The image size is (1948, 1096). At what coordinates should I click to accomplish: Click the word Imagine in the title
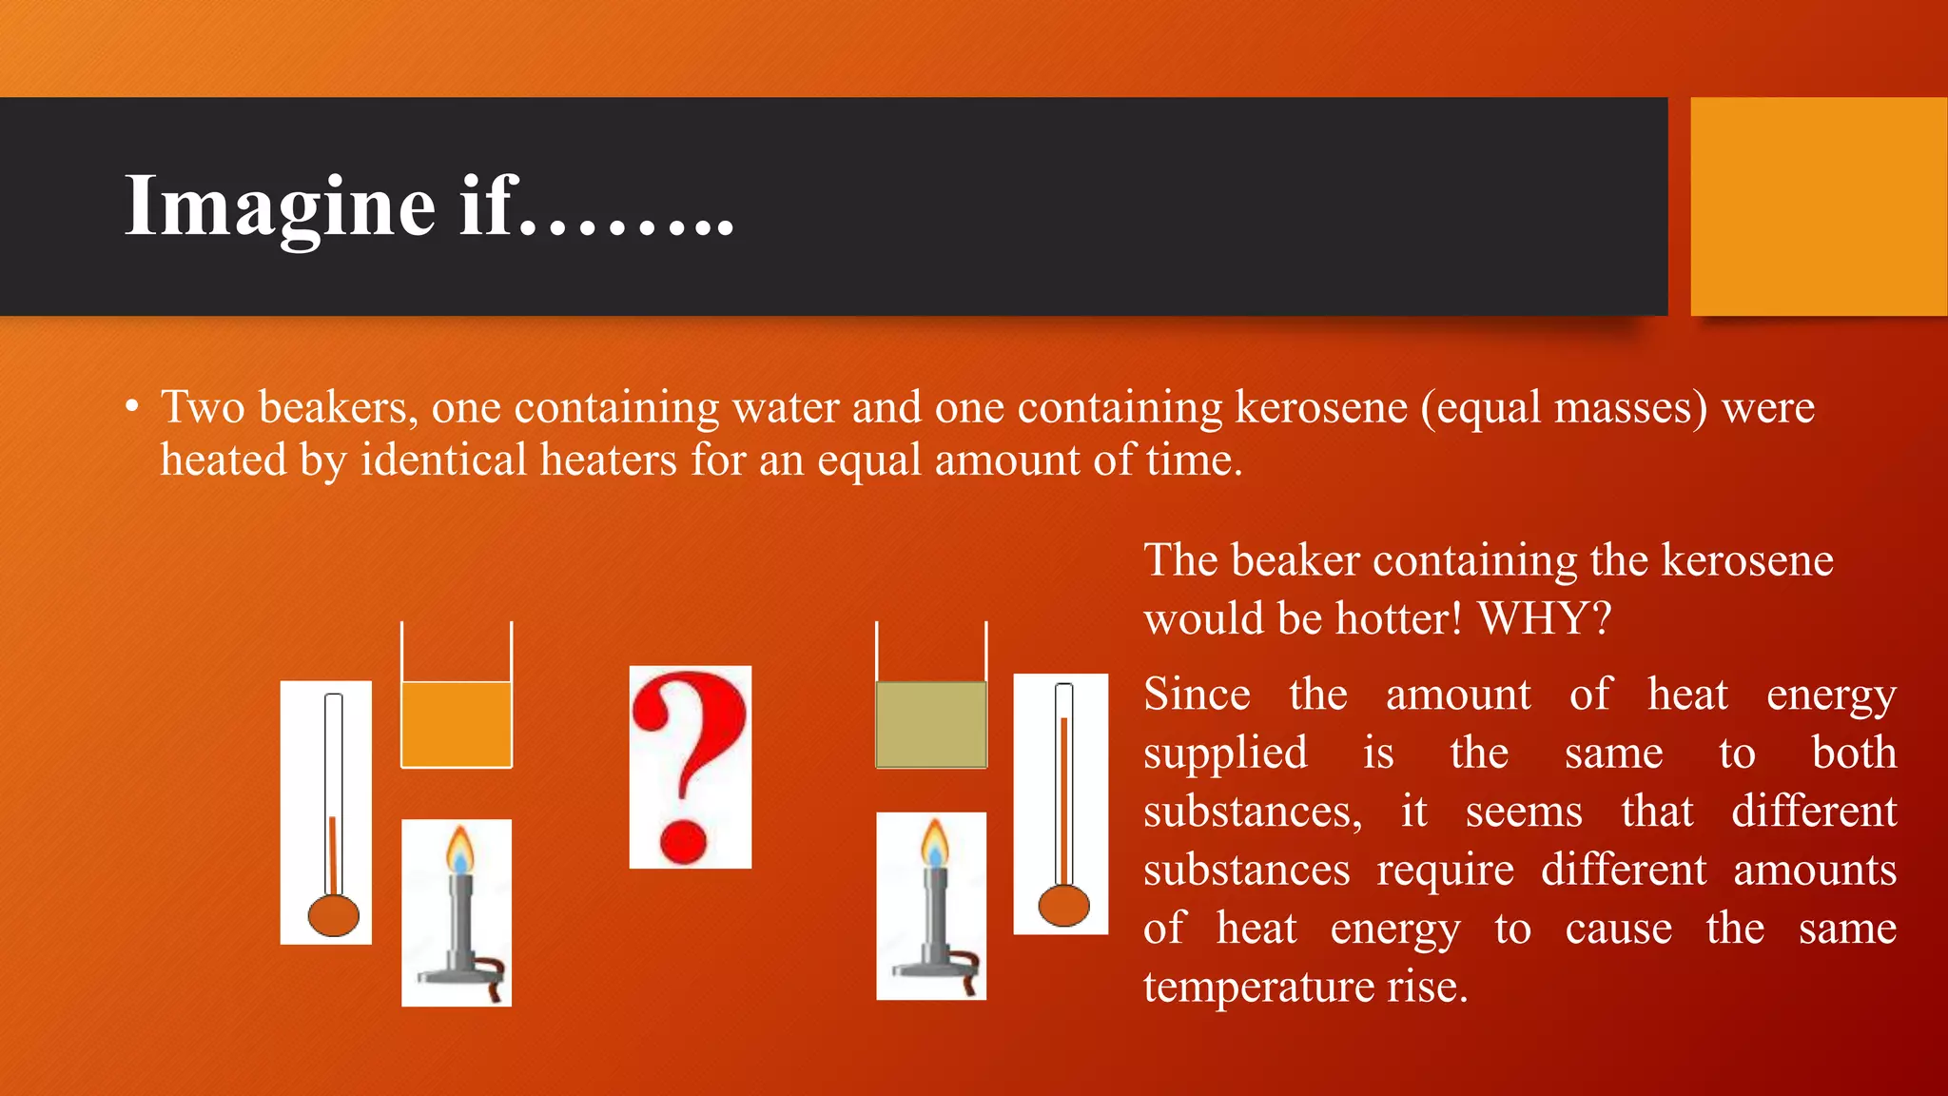tap(281, 206)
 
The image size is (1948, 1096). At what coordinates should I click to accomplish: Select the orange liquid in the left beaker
tap(457, 723)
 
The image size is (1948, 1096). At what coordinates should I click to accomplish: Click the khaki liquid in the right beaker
tap(930, 724)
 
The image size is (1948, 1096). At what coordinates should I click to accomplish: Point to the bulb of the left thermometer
tap(333, 915)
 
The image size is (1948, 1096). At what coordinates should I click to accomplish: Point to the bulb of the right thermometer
tap(1063, 905)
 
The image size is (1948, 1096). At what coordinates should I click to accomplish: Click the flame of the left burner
tap(460, 849)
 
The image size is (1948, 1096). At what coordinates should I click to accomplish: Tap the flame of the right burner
tap(934, 842)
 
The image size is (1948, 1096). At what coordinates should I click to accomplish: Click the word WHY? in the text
tap(1545, 618)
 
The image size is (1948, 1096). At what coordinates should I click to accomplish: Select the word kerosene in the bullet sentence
tap(1321, 407)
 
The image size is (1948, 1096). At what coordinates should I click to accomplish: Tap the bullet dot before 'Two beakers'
tap(132, 408)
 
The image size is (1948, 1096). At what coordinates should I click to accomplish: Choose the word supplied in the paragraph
tap(1225, 753)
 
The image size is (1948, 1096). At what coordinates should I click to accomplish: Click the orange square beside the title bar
tap(1818, 206)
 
